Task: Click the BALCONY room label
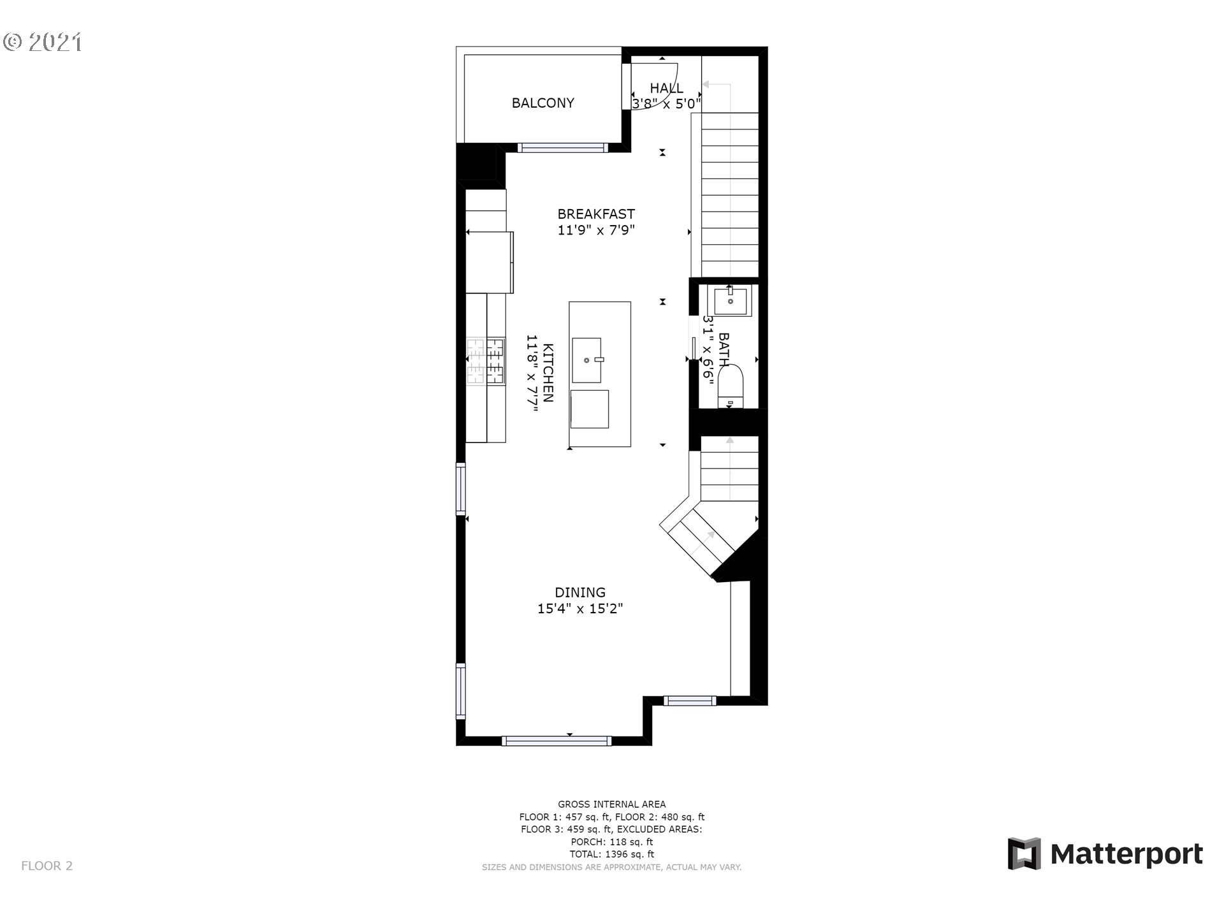pos(543,103)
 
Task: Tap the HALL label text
pos(666,88)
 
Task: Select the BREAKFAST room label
pos(596,214)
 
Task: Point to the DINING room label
pos(580,592)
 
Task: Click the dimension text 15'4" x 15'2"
pos(580,609)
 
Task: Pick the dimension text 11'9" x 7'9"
pos(596,230)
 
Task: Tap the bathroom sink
pos(731,301)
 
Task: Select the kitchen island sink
pos(586,360)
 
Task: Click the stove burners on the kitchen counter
pos(485,362)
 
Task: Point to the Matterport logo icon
pos(1024,854)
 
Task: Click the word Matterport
pos(1126,854)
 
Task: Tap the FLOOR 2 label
pos(47,866)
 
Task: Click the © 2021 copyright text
pos(43,42)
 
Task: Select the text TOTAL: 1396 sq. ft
pos(612,854)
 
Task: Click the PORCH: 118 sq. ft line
pos(612,842)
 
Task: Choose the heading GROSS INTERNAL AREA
pos(612,805)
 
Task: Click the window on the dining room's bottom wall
pos(557,741)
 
